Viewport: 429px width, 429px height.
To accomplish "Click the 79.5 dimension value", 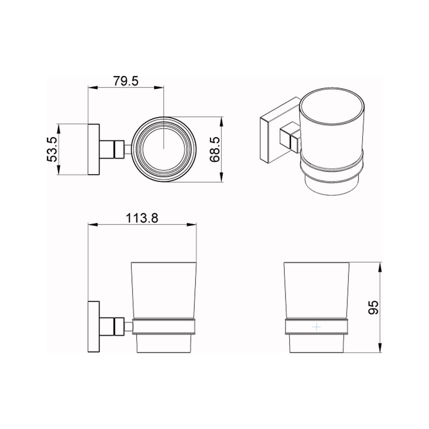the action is coord(126,81).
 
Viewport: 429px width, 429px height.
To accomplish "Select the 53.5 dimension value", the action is coord(52,149).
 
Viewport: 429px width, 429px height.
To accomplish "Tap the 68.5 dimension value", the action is coord(216,149).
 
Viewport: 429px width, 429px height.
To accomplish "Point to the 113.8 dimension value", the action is coord(142,218).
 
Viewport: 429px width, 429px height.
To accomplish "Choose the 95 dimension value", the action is coord(373,307).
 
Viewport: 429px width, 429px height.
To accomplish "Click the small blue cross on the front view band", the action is coord(317,326).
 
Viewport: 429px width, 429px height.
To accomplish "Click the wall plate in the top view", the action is coord(94,149).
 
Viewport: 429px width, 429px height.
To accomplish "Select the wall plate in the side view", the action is coord(94,326).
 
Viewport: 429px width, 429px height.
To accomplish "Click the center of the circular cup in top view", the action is coord(163,149).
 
